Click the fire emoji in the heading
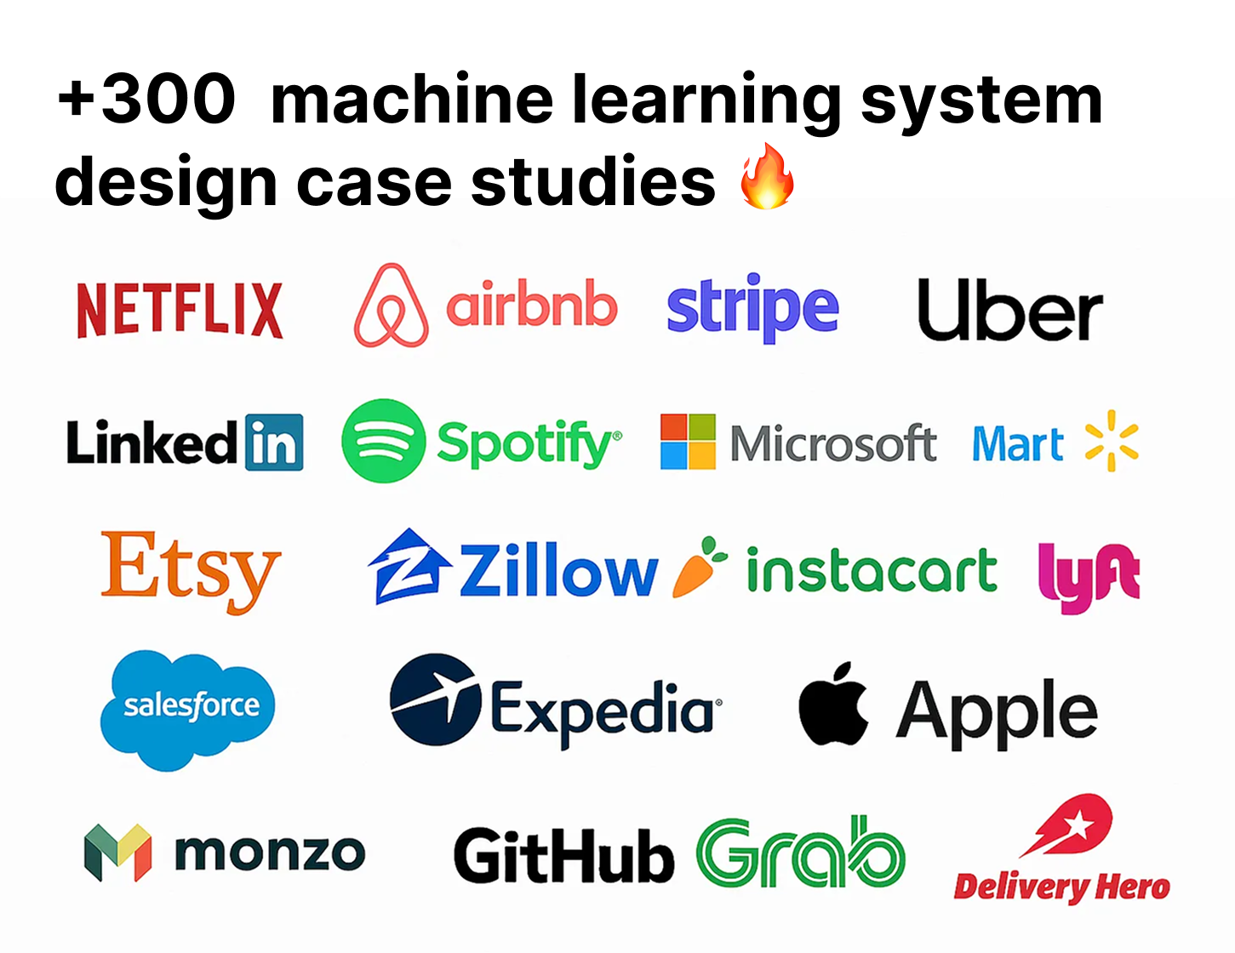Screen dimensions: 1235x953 point(767,176)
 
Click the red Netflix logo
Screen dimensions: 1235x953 point(180,311)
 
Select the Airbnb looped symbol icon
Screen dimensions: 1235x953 point(391,306)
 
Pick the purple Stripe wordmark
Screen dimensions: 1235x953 point(752,308)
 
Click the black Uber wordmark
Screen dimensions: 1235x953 point(1009,311)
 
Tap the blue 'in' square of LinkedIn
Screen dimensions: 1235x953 point(273,442)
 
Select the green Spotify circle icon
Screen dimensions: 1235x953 point(384,441)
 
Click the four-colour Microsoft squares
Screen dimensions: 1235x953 point(688,442)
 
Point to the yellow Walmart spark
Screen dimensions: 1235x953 point(1112,441)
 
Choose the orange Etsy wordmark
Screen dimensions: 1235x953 point(191,569)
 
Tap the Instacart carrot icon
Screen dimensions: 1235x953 point(699,568)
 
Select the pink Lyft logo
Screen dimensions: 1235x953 point(1089,576)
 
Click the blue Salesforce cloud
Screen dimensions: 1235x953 point(188,709)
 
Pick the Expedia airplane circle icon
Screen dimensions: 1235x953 point(436,699)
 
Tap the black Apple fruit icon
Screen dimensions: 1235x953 point(833,705)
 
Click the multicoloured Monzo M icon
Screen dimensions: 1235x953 point(118,852)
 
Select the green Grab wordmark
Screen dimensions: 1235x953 point(800,852)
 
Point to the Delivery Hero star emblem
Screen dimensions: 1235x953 point(1071,825)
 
